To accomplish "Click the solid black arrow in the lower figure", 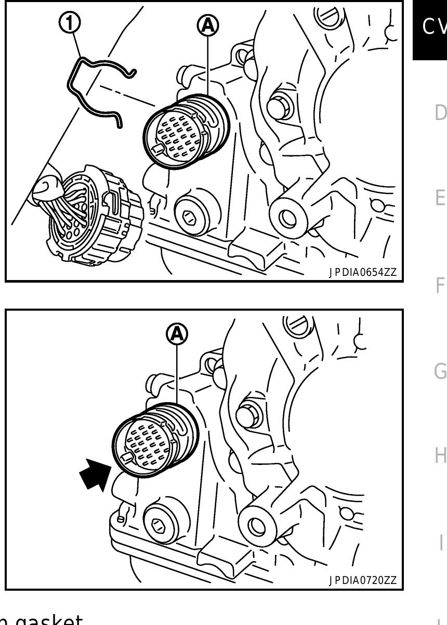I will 95,475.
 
